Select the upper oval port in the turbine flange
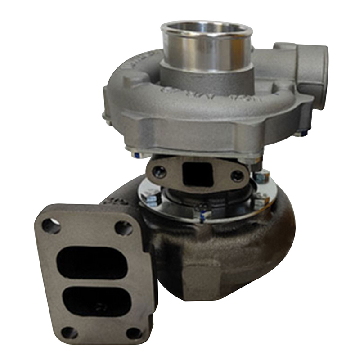tap(92, 263)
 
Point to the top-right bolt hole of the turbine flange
tap(124, 228)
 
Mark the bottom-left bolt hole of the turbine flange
tap(69, 333)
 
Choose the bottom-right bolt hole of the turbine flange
tap(134, 333)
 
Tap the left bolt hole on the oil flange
tap(159, 171)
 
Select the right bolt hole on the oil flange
tap(237, 175)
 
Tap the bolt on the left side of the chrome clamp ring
tap(152, 197)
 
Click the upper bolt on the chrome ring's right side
tap(261, 177)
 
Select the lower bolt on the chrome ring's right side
tap(260, 201)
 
